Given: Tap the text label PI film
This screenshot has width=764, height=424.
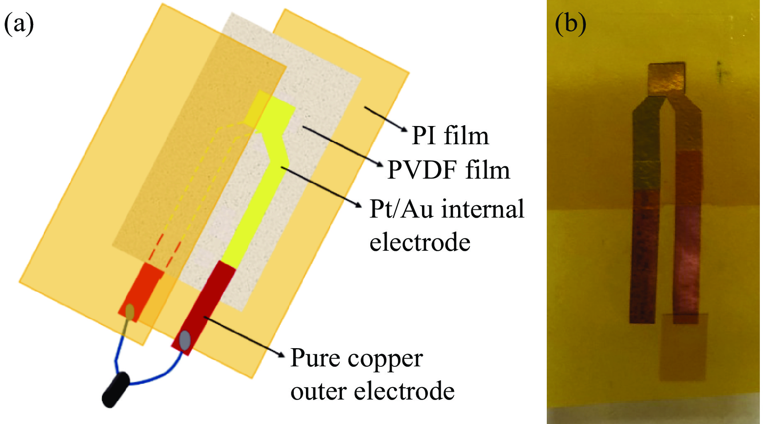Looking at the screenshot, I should pos(450,136).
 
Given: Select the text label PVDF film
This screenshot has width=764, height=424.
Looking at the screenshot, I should pos(449,170).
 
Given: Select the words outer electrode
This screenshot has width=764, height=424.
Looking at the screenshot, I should pos(372,391).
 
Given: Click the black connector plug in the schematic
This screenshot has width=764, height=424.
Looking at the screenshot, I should pos(116,390).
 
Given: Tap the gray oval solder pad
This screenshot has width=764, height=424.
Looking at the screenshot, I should pos(185,340).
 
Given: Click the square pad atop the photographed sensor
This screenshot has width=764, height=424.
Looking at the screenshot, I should pos(666,78).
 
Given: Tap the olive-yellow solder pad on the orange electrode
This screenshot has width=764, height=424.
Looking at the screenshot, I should pos(130,312).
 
